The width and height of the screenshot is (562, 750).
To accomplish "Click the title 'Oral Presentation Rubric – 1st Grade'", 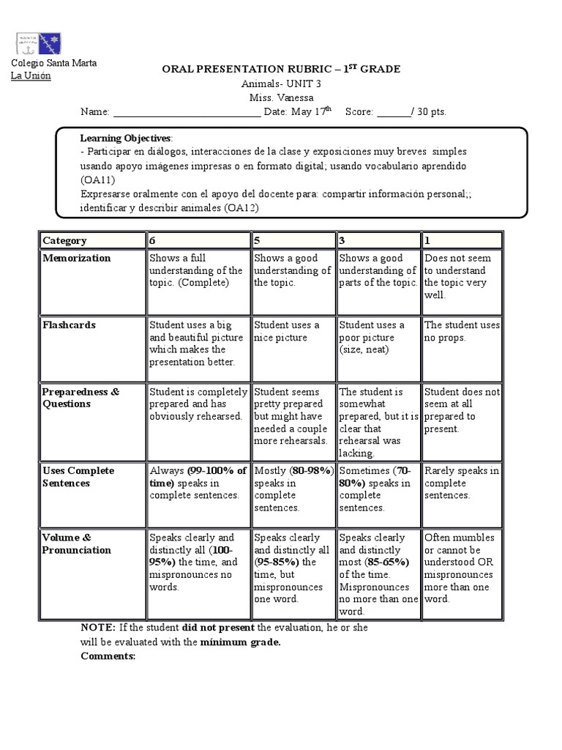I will (x=280, y=69).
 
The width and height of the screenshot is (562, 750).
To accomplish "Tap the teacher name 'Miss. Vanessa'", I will (x=281, y=98).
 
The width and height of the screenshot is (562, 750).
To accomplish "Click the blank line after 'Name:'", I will (x=187, y=112).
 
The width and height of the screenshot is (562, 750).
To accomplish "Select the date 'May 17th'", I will (x=311, y=112).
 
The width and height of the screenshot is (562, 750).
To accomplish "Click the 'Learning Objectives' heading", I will (x=126, y=138).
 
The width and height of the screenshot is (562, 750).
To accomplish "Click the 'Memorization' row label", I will (x=77, y=258).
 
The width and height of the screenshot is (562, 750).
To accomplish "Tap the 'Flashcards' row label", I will (x=69, y=324).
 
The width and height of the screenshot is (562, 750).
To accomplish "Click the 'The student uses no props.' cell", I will (x=461, y=331).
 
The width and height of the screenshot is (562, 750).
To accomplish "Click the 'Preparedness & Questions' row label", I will (x=80, y=398).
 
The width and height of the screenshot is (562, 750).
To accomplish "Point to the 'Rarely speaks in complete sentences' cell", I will (x=461, y=483).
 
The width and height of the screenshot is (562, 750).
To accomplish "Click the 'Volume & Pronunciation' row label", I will (x=77, y=543).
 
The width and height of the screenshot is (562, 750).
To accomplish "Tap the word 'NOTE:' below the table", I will (x=97, y=628).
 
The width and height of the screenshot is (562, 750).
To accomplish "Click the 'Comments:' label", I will (x=108, y=656).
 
